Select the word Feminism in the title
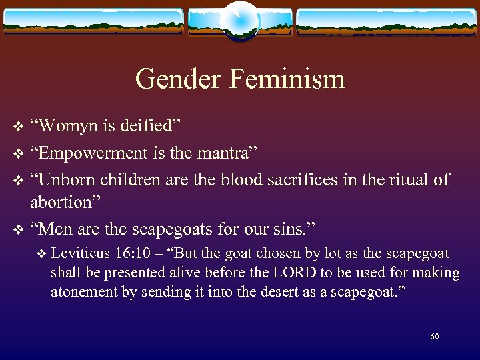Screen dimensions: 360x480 click(287, 79)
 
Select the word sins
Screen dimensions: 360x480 click(295, 229)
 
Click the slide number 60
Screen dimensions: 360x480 click(435, 337)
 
